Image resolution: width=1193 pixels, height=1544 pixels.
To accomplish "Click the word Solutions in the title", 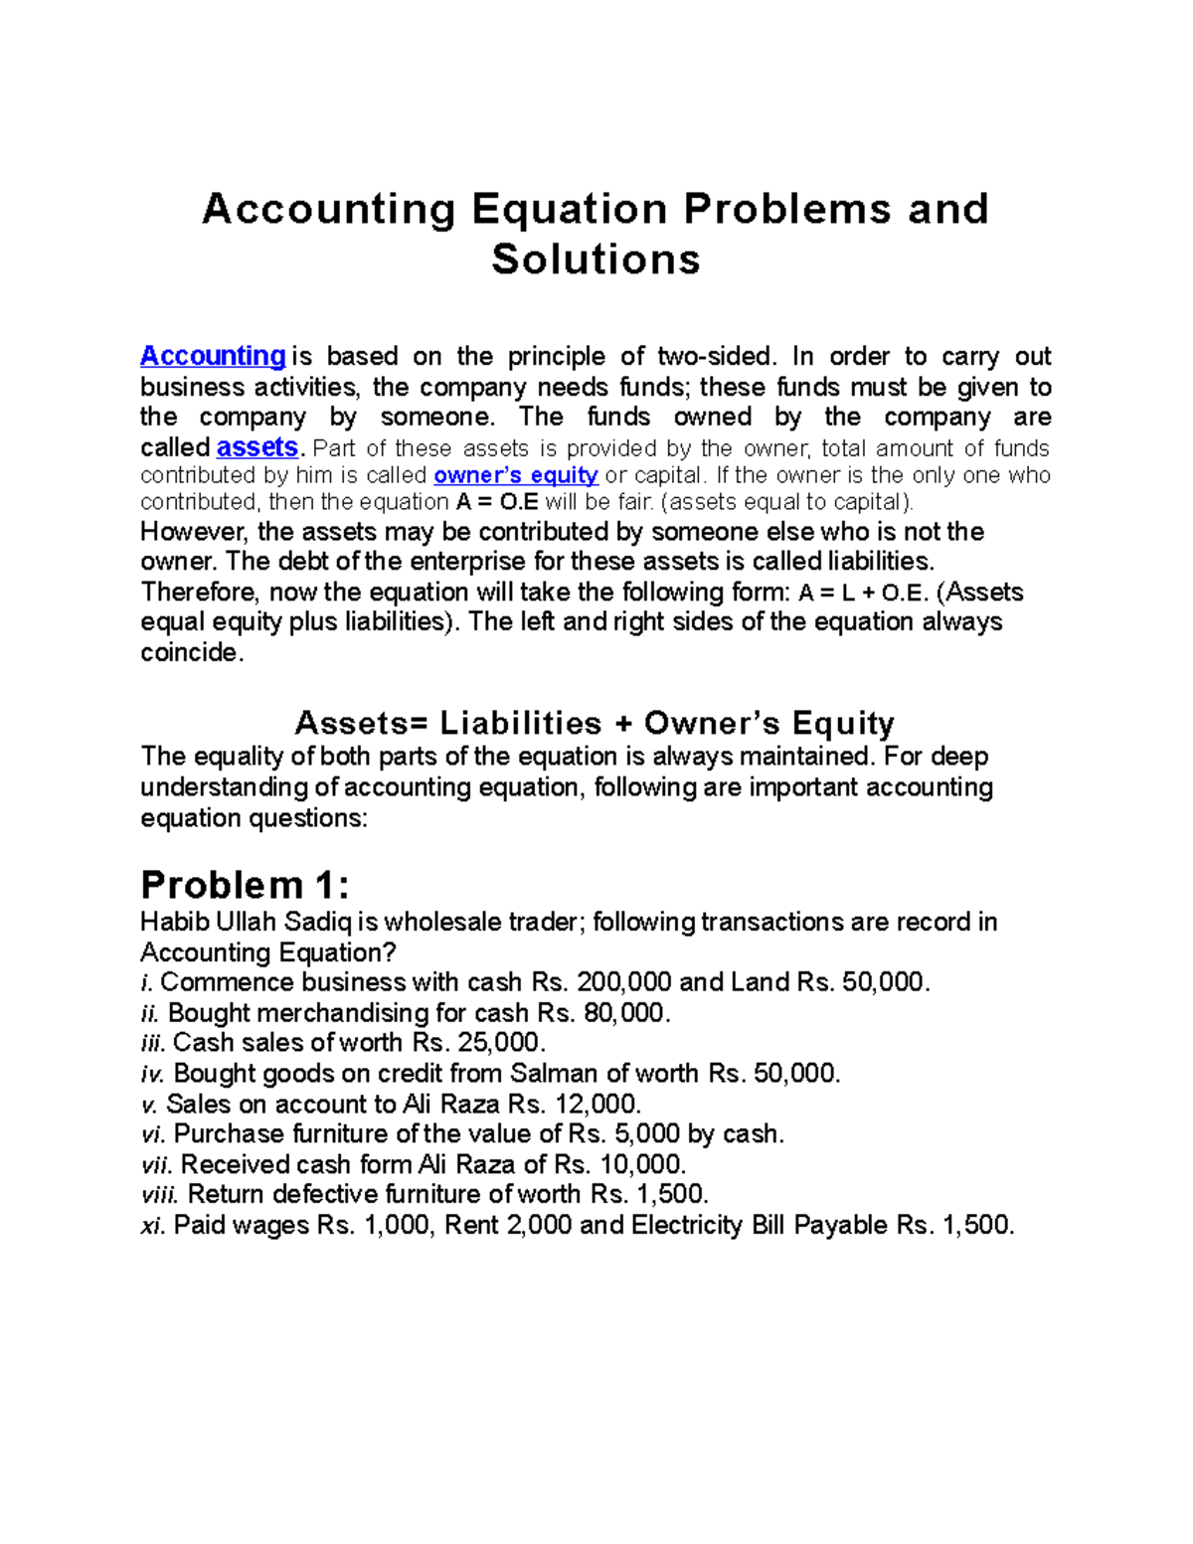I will [596, 259].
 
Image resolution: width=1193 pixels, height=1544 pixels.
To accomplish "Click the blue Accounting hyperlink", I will [213, 356].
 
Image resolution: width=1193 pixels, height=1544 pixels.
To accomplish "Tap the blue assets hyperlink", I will [256, 447].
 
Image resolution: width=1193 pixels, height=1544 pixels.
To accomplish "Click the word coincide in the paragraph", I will [190, 653].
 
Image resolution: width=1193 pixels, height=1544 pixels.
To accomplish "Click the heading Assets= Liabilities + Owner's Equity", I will [595, 723].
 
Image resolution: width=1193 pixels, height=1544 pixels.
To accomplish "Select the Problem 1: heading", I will [245, 885].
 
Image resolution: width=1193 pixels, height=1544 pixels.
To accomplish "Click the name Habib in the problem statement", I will [169, 923].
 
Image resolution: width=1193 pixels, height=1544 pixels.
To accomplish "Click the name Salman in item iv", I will [553, 1074].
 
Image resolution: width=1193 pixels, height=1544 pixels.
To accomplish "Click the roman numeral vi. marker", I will [154, 1134].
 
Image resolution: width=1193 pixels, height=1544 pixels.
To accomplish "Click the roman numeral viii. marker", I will [160, 1195].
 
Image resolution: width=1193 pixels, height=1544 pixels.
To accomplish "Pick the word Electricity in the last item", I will [687, 1226].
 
